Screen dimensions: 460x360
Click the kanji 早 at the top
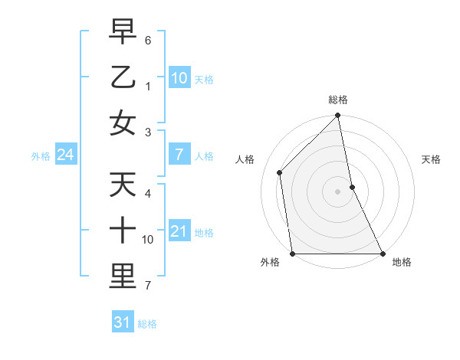pos(123,33)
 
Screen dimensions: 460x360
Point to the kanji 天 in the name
pos(123,185)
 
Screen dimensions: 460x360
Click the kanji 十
pos(123,230)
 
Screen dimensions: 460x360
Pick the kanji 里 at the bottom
pos(123,276)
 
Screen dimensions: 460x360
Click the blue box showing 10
pos(179,78)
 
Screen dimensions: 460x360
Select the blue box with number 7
pos(179,155)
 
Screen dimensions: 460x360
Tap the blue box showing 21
pos(179,231)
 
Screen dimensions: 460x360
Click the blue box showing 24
pos(65,155)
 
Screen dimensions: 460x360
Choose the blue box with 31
pos(123,322)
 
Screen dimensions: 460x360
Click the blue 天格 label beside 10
pos(204,79)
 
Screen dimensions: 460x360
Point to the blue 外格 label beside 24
pos(41,156)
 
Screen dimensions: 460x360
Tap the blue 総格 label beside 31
pos(147,324)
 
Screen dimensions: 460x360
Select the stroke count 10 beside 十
pos(148,240)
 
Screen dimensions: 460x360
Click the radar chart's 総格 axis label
pos(338,100)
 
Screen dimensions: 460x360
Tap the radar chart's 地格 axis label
pos(402,262)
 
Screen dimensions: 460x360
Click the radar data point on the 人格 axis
pos(280,172)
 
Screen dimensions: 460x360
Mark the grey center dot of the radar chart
pos(338,191)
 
